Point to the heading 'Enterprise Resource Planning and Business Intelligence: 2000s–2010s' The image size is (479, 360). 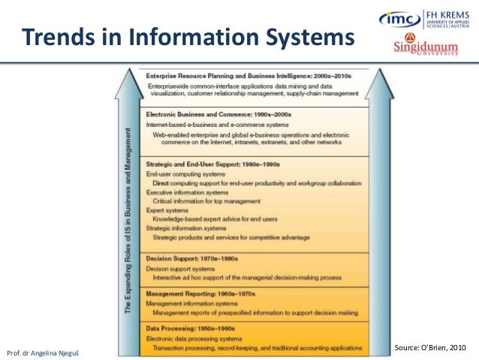249,76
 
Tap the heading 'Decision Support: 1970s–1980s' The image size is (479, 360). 191,258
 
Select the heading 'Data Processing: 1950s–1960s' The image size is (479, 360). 191,328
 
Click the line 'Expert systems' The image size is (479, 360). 166,210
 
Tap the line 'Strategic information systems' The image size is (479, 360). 185,228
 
